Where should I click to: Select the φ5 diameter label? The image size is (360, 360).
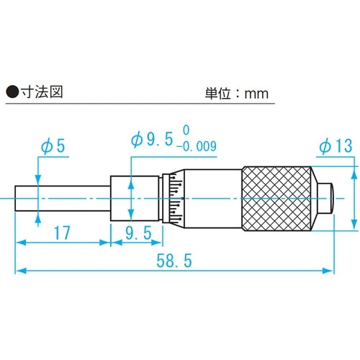(53, 146)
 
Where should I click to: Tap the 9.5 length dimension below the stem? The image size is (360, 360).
(136, 233)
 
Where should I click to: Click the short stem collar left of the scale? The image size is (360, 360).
(120, 197)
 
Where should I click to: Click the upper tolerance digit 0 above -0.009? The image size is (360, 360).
(186, 130)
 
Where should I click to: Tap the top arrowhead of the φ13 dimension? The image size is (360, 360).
(355, 168)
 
